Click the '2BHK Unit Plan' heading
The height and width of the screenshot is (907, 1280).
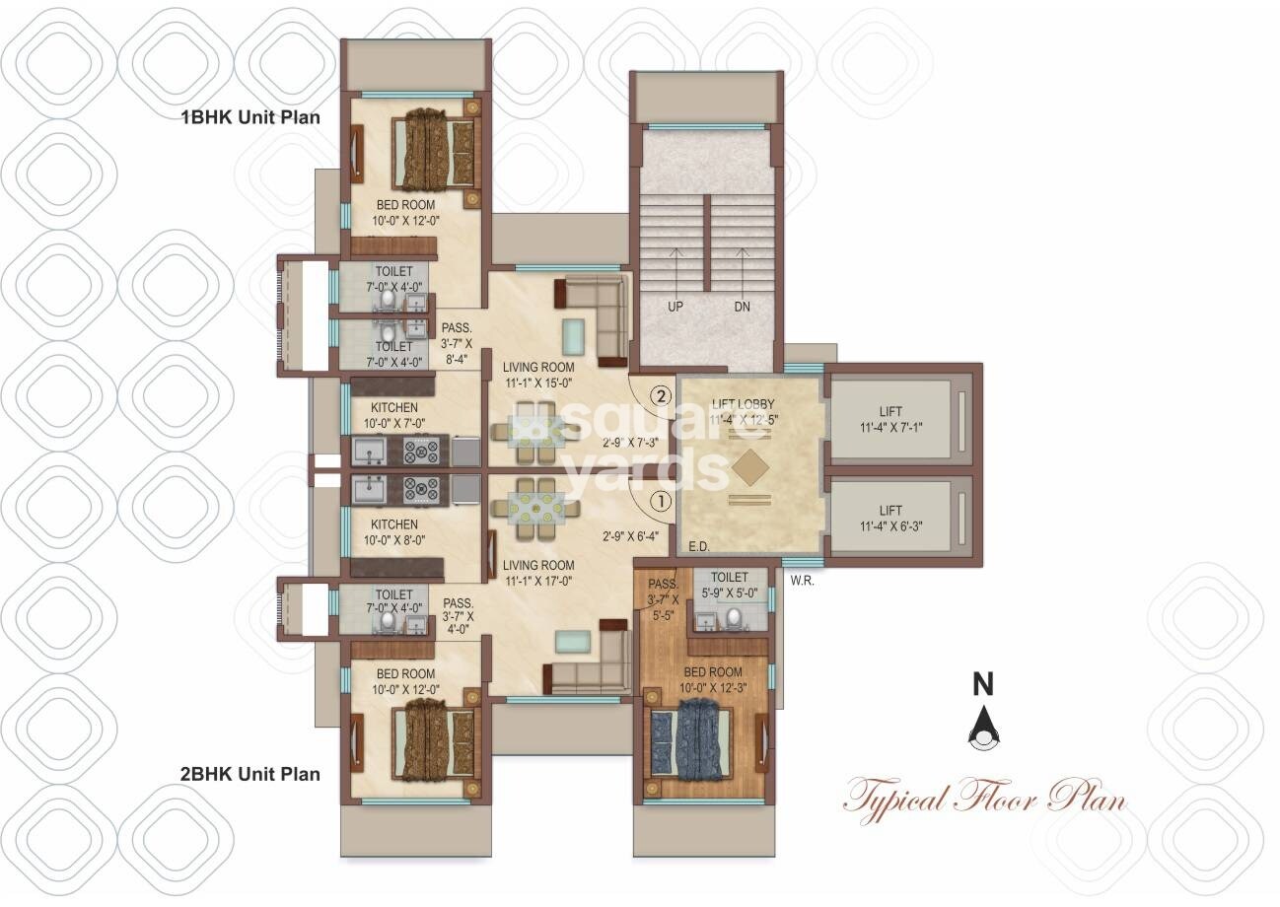(249, 774)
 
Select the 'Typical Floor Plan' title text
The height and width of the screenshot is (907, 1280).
(984, 796)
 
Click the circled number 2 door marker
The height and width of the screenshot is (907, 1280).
(661, 396)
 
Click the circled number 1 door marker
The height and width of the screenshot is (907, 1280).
(659, 502)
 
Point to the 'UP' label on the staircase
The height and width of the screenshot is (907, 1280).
(676, 307)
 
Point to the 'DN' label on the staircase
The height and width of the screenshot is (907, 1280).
(742, 307)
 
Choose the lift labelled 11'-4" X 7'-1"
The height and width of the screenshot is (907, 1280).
(890, 419)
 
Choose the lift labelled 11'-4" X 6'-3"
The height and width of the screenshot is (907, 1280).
(890, 518)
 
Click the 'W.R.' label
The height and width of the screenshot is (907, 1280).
(802, 581)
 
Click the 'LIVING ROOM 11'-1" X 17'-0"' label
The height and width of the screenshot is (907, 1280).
(537, 573)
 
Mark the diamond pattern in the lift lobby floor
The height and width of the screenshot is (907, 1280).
(749, 467)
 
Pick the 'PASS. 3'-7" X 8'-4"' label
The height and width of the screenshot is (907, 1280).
(457, 344)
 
